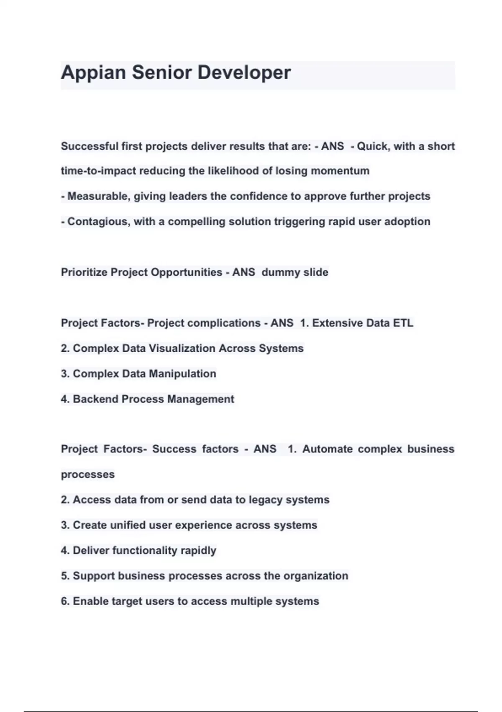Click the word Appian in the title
tap(93, 73)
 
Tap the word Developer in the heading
tap(244, 73)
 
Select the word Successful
tap(90, 147)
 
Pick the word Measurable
tap(98, 196)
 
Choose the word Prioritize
tap(84, 272)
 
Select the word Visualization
tap(182, 348)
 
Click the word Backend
tap(95, 399)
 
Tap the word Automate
tap(328, 449)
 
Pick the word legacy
tap(266, 500)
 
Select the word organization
tap(316, 576)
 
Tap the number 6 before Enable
tap(64, 601)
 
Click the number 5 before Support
tap(64, 576)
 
